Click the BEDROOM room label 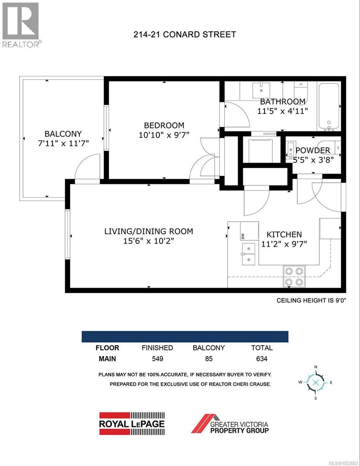(x=164, y=125)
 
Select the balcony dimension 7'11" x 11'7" (x=63, y=143)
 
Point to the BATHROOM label (x=282, y=102)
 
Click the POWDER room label (x=313, y=150)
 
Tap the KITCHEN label (x=284, y=235)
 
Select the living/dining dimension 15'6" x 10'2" (x=148, y=241)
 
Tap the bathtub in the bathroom (x=329, y=107)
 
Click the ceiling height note (x=317, y=300)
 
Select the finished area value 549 (x=157, y=359)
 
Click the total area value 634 (x=262, y=359)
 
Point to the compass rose (x=316, y=382)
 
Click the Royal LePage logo (x=132, y=423)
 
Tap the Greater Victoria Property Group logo (x=230, y=423)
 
